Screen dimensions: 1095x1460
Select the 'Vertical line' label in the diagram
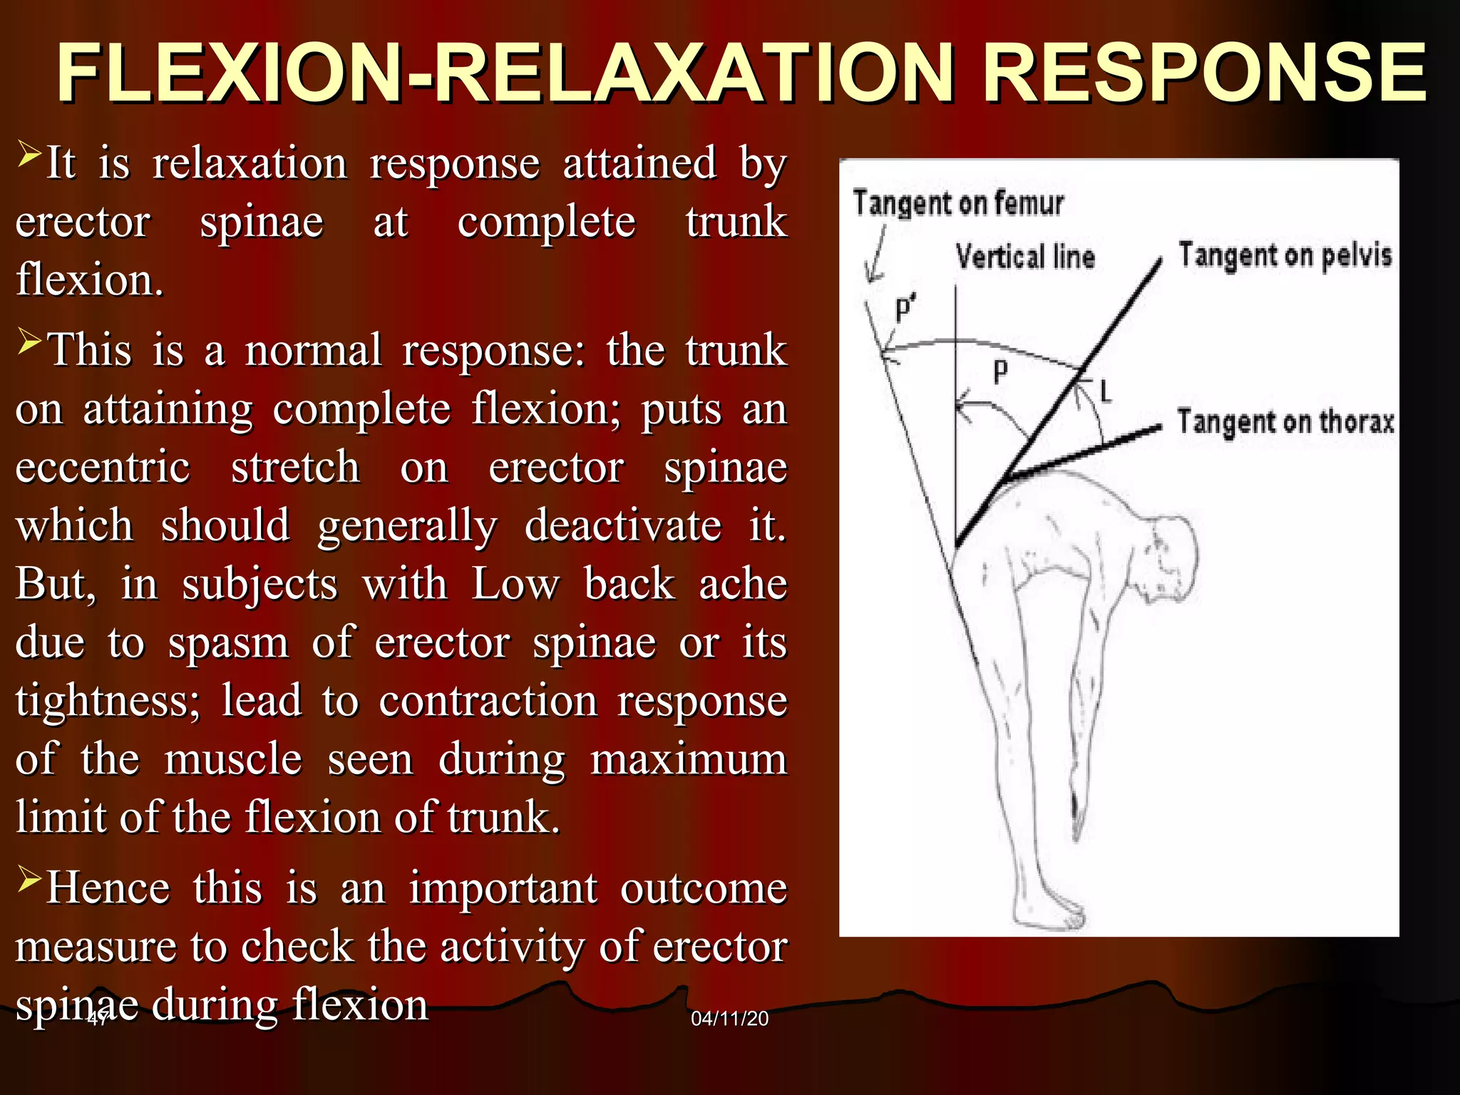[x=1024, y=257]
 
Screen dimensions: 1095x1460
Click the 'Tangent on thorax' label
[x=1285, y=422]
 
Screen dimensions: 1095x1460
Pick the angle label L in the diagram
[x=1106, y=391]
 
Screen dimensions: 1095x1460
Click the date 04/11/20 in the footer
[x=729, y=1019]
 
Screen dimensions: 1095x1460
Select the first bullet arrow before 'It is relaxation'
[x=29, y=153]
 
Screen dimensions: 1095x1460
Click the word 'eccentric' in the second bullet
[x=103, y=468]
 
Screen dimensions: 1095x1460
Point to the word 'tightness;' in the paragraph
[x=108, y=701]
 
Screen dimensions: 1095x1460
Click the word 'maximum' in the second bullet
[x=689, y=759]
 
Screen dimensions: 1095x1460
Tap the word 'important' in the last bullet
[x=503, y=889]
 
